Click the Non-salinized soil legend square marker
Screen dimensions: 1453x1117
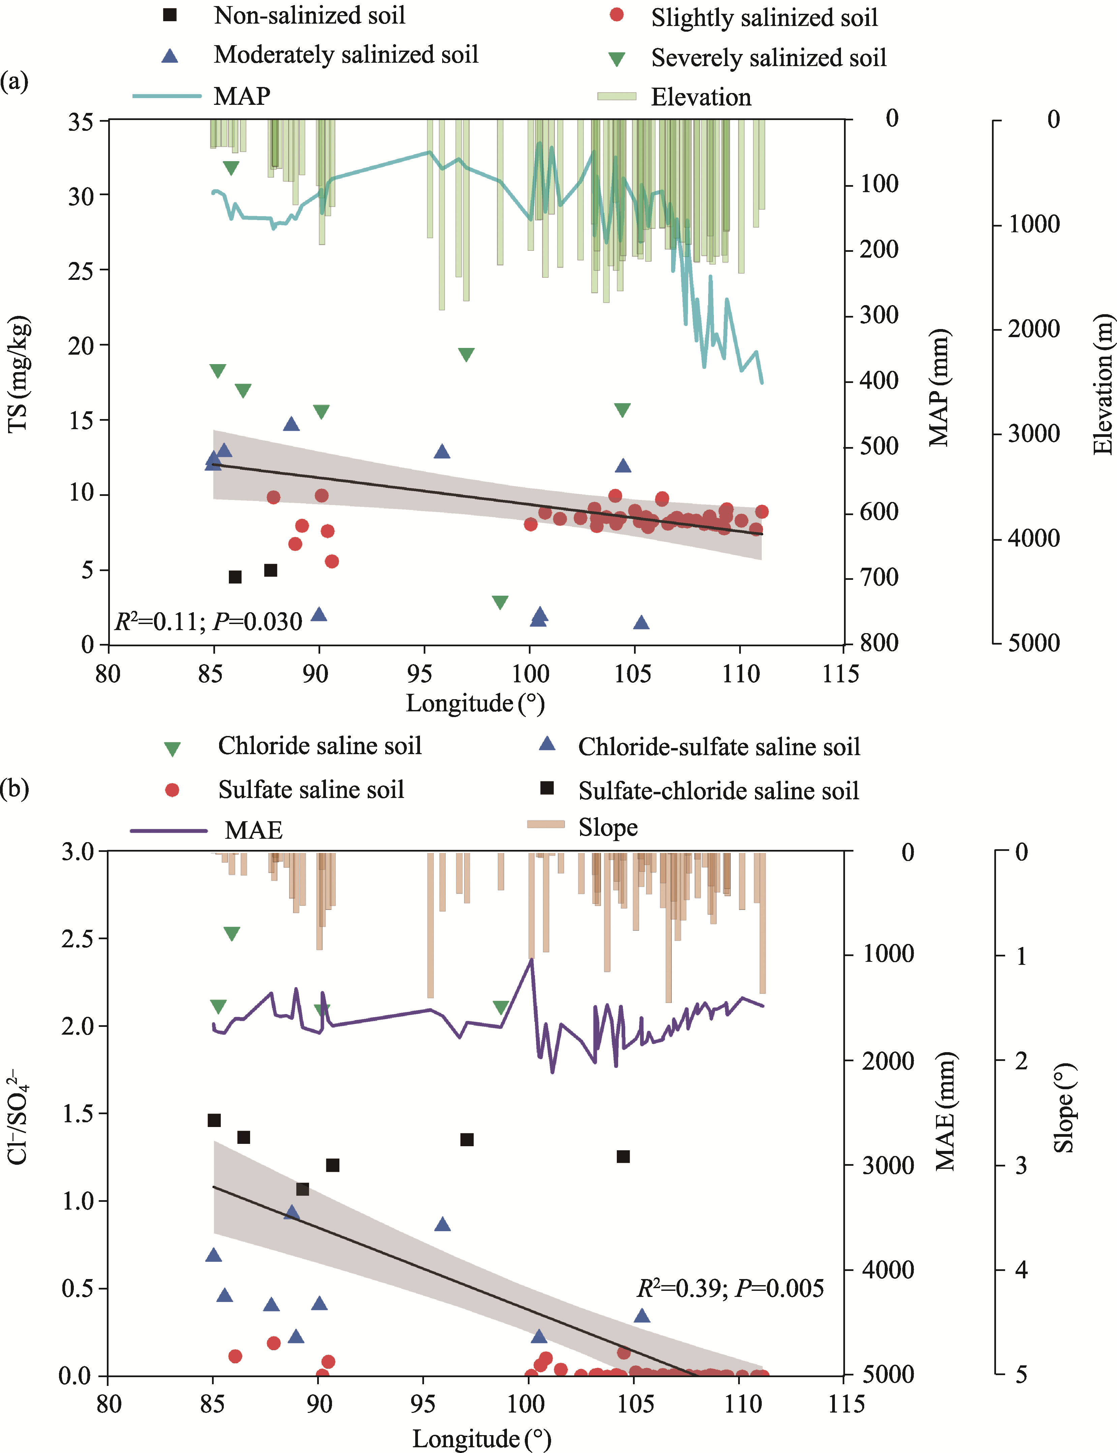tap(170, 15)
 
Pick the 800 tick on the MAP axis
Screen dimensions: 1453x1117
tap(879, 643)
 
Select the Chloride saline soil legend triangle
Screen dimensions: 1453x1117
tap(172, 749)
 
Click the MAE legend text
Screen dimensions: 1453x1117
tap(253, 830)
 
